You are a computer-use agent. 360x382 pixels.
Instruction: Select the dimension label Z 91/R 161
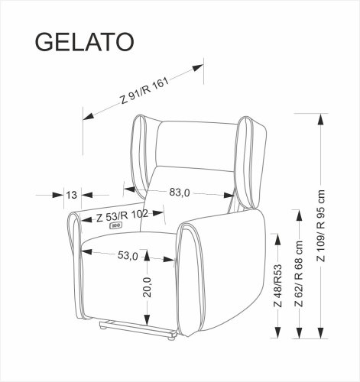click(144, 90)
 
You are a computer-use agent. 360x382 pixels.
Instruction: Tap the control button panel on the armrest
click(117, 225)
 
